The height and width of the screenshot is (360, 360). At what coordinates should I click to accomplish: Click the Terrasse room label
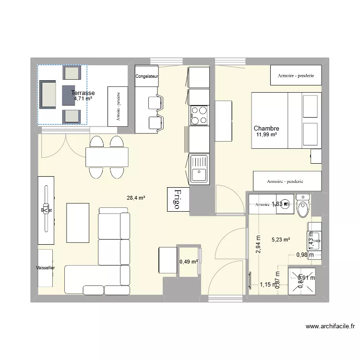[83, 93]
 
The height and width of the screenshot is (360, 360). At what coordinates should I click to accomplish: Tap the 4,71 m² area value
[83, 99]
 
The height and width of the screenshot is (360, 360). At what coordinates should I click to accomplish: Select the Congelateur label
[147, 76]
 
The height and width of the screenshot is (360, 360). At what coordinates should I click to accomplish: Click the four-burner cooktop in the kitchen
[199, 115]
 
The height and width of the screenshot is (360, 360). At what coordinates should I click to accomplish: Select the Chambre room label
[266, 129]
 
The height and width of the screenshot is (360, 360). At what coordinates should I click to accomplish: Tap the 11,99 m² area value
[266, 135]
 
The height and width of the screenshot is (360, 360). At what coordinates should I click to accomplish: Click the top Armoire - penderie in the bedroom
[296, 75]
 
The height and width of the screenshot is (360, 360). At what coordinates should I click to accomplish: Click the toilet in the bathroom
[303, 207]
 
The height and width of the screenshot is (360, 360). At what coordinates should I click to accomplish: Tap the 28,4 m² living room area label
[136, 197]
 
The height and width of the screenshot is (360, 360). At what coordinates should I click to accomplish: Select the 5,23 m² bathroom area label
[281, 240]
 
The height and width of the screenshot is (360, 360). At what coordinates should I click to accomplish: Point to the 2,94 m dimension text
[258, 244]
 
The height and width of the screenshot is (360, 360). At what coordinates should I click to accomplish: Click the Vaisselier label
[45, 268]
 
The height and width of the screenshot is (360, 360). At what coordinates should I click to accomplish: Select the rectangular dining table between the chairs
[107, 157]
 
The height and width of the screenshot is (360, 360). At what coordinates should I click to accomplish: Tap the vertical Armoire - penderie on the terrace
[118, 107]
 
